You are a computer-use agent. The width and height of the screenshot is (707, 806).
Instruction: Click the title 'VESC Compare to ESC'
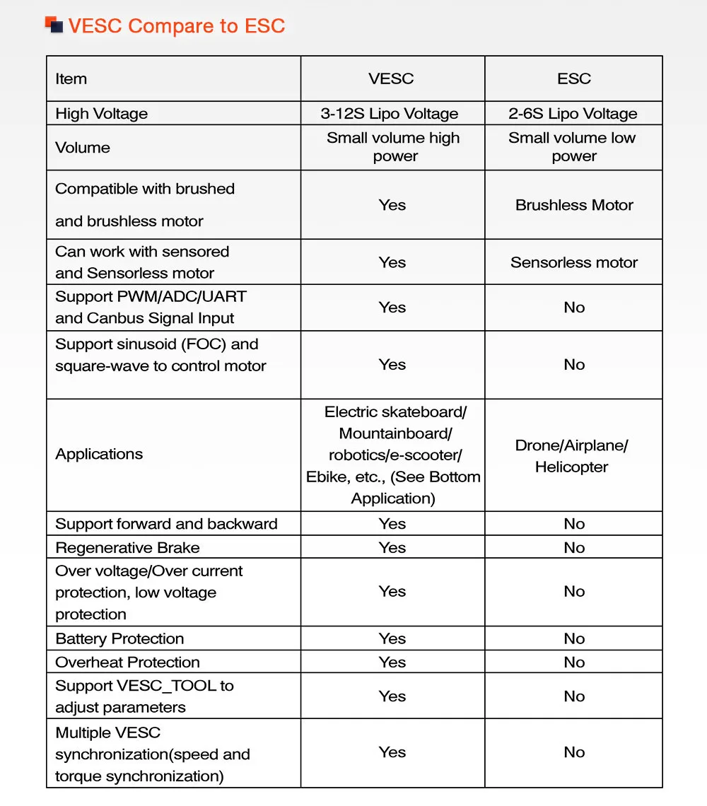[x=176, y=27]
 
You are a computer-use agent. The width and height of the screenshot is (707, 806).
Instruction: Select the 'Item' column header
[x=71, y=78]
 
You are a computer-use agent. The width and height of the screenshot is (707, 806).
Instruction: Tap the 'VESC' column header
[x=391, y=78]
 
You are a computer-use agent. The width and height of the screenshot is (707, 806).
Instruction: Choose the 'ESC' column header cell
[x=573, y=78]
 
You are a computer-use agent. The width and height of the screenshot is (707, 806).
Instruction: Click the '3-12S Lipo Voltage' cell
[x=390, y=114]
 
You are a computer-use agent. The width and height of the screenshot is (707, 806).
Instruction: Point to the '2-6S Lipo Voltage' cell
[x=573, y=114]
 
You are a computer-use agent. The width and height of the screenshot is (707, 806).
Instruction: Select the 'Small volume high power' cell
[x=393, y=147]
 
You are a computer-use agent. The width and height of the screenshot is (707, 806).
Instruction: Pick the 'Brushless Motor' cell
[x=574, y=205]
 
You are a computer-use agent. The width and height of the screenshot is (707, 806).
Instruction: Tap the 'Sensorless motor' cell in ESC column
[x=574, y=262]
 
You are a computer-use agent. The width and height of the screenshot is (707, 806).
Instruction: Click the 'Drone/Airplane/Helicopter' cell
[x=572, y=456]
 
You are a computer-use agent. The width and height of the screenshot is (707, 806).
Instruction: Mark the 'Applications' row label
[x=99, y=454]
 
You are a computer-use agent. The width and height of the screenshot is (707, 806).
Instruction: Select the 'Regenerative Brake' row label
[x=127, y=548]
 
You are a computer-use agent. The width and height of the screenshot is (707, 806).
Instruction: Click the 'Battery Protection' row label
[x=119, y=638]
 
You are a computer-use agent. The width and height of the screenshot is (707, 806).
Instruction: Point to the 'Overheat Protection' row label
[x=127, y=662]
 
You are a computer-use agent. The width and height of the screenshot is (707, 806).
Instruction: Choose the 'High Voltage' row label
[x=101, y=114]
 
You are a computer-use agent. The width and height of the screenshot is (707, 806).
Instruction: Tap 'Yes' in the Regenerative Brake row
[x=392, y=548]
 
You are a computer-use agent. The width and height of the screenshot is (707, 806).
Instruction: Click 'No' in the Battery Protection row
[x=574, y=638]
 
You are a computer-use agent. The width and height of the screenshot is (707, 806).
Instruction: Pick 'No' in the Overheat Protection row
[x=574, y=662]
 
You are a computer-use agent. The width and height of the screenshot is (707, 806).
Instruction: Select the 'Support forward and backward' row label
[x=166, y=524]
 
